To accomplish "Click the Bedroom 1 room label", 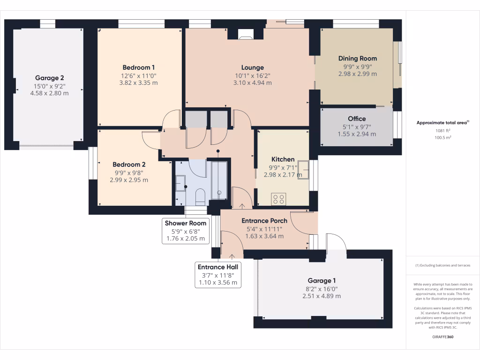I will tap(139, 67).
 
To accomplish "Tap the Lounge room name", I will tap(253, 67).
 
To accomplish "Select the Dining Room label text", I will tap(358, 59).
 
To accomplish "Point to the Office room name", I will tap(357, 119).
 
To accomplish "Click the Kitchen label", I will tap(283, 159).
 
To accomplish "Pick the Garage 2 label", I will tap(49, 78).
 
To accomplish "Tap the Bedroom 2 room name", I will tap(129, 165).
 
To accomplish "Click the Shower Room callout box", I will tap(185, 231).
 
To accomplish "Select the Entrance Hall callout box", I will tap(218, 275).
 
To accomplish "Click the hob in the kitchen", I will tap(278, 199).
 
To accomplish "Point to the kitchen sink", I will tap(303, 169).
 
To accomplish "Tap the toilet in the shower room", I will tap(200, 196).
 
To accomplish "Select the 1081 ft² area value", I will tap(443, 131).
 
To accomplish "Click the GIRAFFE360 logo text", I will tap(443, 337).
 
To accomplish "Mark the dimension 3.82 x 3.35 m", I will tap(139, 83).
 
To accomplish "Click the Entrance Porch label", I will tap(264, 221).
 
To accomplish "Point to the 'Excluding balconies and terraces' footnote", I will tap(443, 265).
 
